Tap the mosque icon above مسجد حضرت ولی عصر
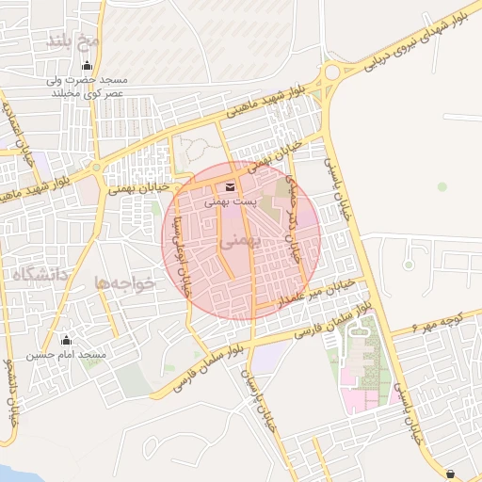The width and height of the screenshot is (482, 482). click(88, 66)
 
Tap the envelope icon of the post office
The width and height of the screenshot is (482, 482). click(231, 185)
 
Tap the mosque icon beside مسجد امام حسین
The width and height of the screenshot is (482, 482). click(65, 341)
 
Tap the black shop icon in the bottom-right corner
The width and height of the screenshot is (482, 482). click(450, 474)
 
